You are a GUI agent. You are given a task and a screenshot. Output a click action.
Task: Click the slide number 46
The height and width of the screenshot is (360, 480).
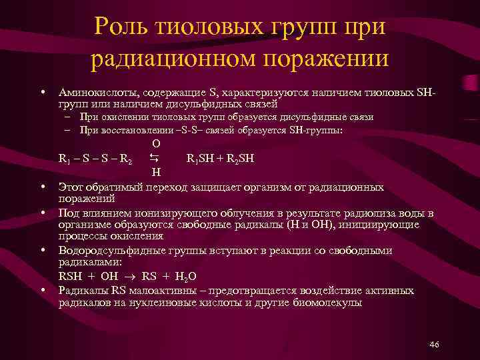pos(435,343)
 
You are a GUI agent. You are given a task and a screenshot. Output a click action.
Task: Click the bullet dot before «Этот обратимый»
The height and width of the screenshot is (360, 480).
pos(42,186)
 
